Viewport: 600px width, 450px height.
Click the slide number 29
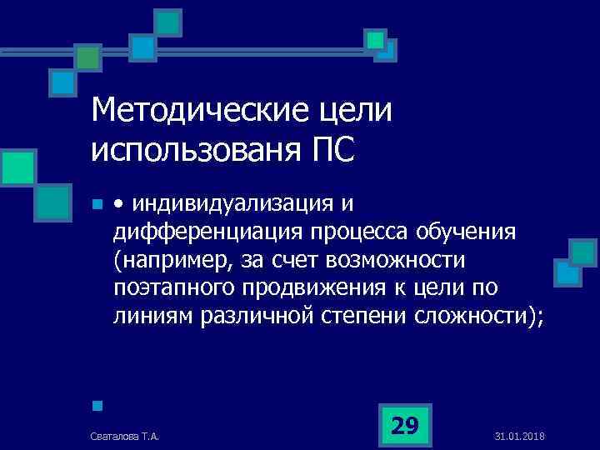(404, 426)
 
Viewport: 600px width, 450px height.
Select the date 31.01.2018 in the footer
(519, 436)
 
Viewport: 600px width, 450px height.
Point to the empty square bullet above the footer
(97, 407)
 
